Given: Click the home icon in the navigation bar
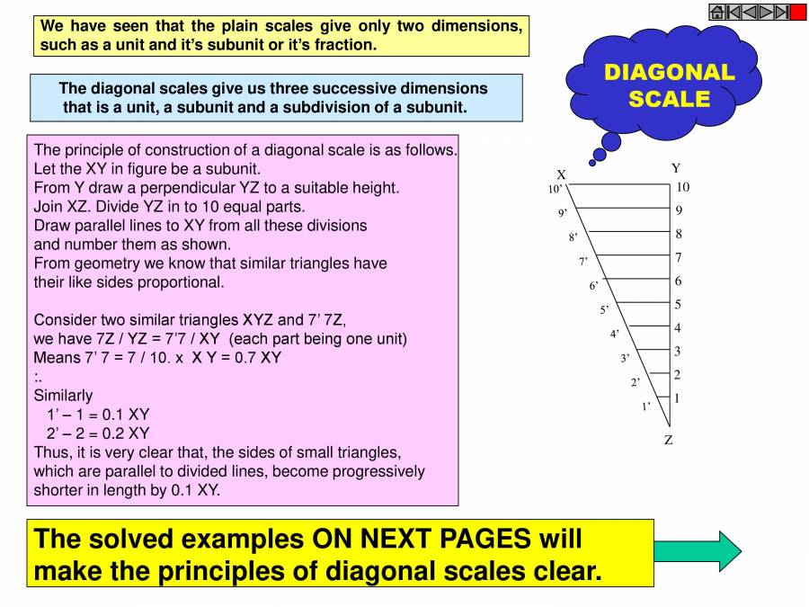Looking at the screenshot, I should click(x=717, y=12).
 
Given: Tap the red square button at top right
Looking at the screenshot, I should click(x=798, y=12).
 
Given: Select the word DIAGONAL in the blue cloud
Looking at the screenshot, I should click(x=670, y=72).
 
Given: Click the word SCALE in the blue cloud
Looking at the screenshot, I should click(x=670, y=98).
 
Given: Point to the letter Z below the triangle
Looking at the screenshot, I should click(x=669, y=440).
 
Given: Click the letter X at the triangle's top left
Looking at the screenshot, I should click(x=561, y=174).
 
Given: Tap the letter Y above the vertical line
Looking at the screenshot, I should click(x=676, y=168).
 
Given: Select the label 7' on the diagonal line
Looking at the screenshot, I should click(x=582, y=262).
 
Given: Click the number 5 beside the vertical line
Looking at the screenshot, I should click(x=678, y=304).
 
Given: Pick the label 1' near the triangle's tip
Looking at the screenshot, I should click(x=645, y=406).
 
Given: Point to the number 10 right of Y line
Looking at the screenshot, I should click(x=682, y=187).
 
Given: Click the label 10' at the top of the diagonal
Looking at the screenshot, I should click(x=555, y=190).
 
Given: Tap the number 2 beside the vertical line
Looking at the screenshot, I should click(x=678, y=374).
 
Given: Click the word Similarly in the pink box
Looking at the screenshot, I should click(x=63, y=395).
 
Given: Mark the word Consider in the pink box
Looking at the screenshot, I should click(x=64, y=319).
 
